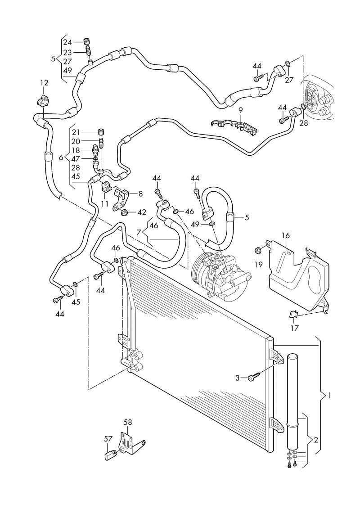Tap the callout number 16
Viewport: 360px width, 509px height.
[285, 235]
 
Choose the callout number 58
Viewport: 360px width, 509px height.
[128, 422]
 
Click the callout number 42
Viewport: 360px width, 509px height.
[142, 212]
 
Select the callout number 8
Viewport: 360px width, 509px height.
[140, 194]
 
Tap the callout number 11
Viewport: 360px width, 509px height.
[105, 203]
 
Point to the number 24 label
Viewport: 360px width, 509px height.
[67, 42]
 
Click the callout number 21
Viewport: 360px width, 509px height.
[76, 132]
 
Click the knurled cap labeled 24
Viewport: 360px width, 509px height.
[88, 42]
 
